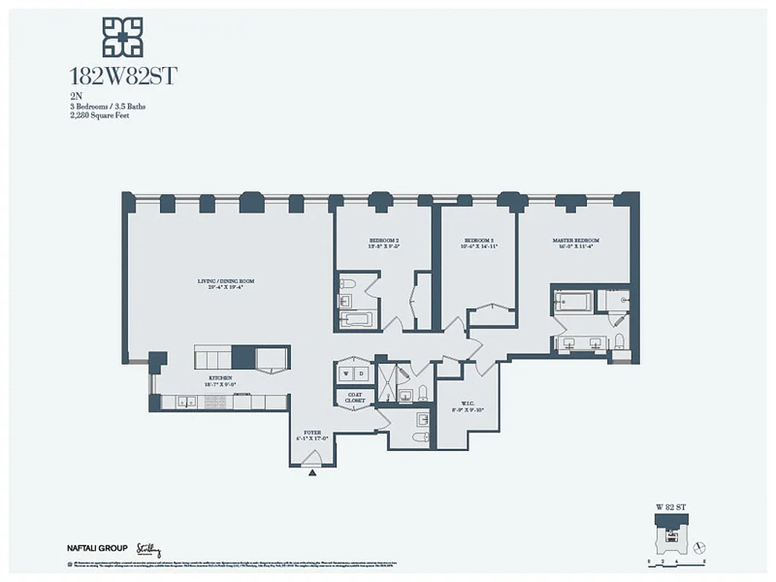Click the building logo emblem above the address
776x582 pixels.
click(x=122, y=36)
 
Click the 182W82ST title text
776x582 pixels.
click(x=122, y=76)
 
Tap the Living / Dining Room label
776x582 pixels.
click(x=225, y=283)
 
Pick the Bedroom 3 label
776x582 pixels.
click(x=479, y=243)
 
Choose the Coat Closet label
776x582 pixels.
click(x=355, y=397)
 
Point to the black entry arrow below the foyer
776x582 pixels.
click(x=313, y=473)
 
